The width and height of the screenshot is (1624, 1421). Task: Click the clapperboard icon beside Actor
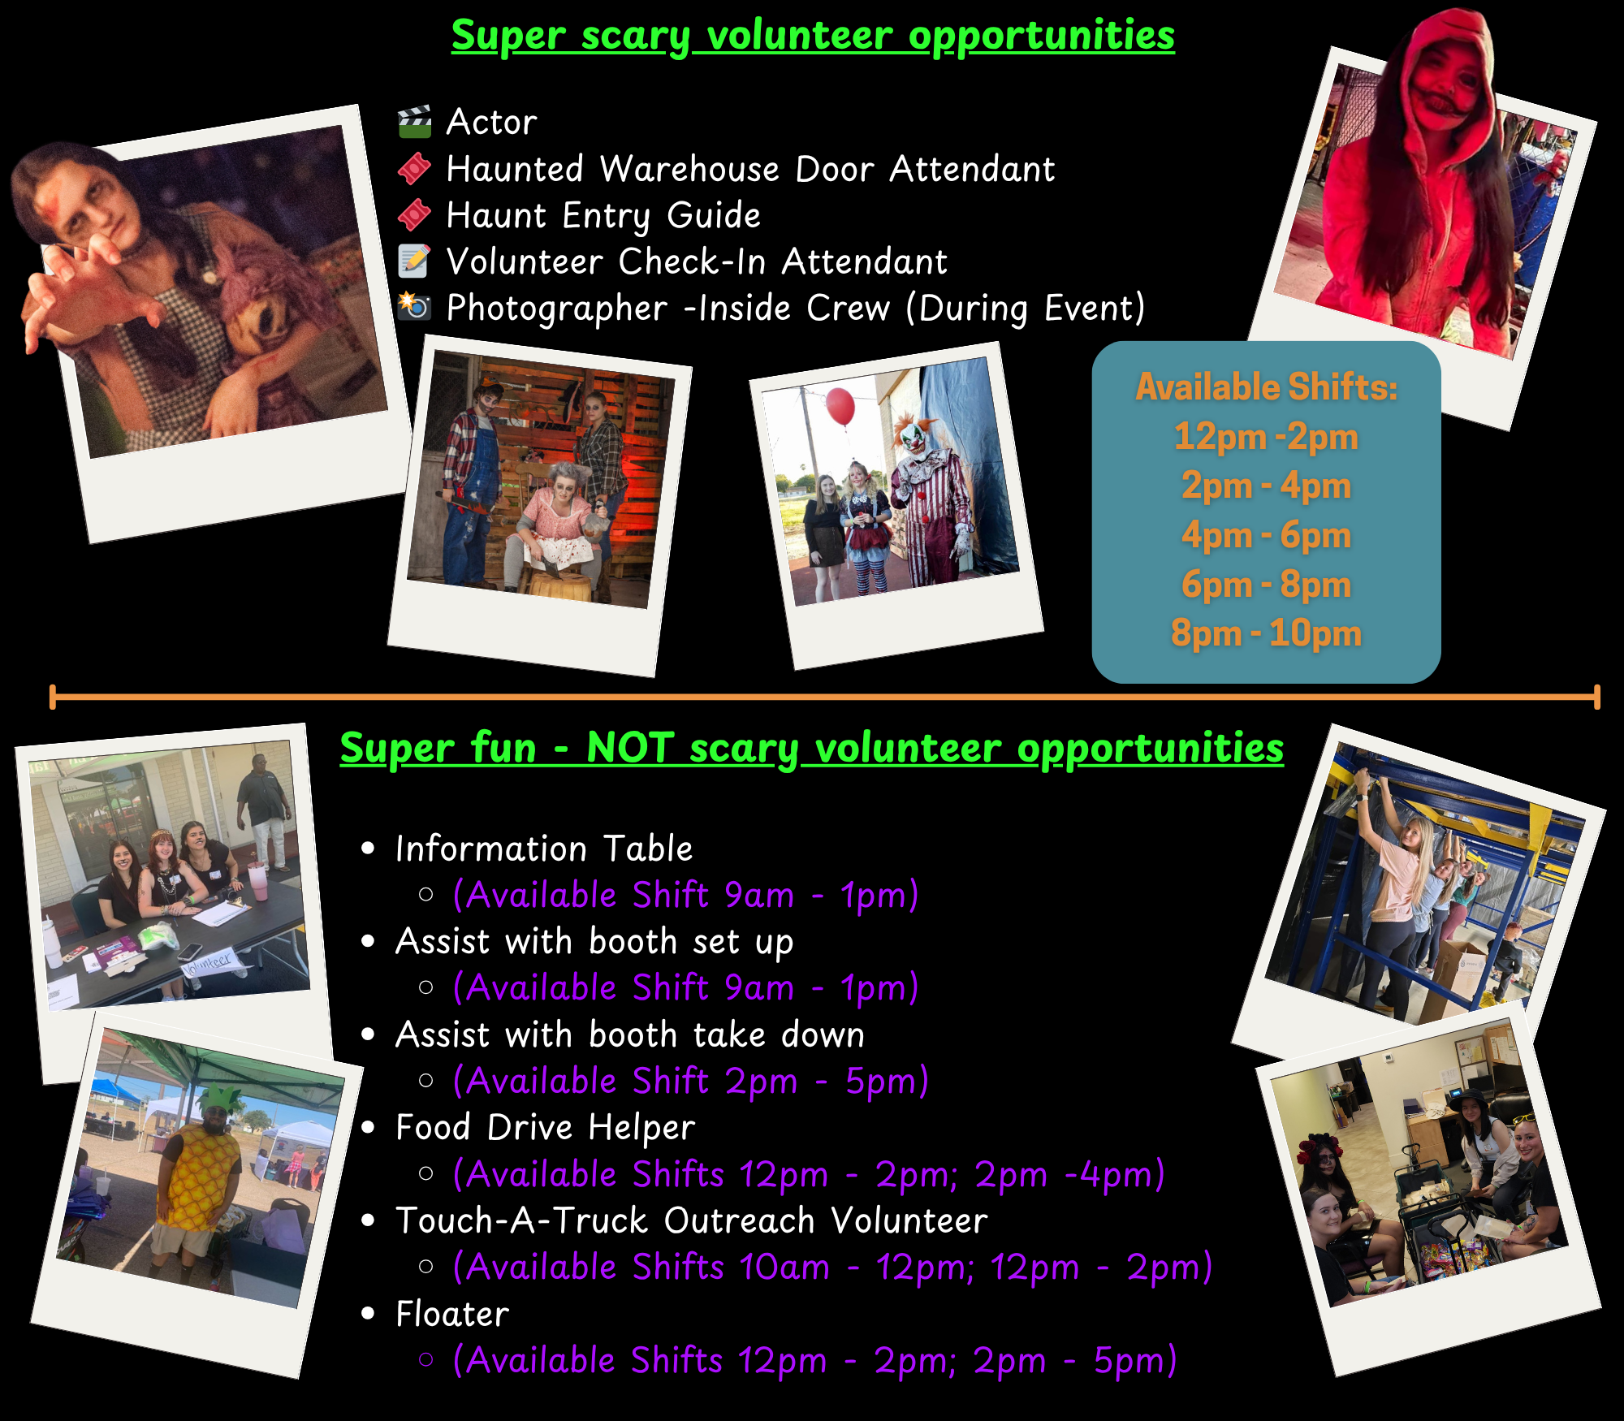click(x=414, y=122)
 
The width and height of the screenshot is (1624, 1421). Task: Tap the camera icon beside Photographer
click(x=414, y=306)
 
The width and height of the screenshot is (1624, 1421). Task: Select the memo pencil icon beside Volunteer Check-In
click(x=414, y=261)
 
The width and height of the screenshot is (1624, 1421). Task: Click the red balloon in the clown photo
click(x=840, y=406)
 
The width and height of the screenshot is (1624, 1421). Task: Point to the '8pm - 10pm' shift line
click(x=1266, y=633)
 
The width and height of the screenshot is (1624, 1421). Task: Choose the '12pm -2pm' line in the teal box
click(x=1266, y=436)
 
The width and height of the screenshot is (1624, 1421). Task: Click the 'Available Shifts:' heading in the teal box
click(x=1266, y=387)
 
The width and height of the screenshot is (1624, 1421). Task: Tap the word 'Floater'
click(x=452, y=1314)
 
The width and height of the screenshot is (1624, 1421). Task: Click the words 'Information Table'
click(x=544, y=849)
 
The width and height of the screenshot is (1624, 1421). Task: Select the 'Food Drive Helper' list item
click(x=545, y=1128)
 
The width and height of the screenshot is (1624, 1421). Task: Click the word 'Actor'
click(x=491, y=122)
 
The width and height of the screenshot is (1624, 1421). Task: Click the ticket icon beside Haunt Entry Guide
click(x=414, y=215)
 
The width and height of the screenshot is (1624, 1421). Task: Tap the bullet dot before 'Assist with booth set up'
click(x=369, y=942)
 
